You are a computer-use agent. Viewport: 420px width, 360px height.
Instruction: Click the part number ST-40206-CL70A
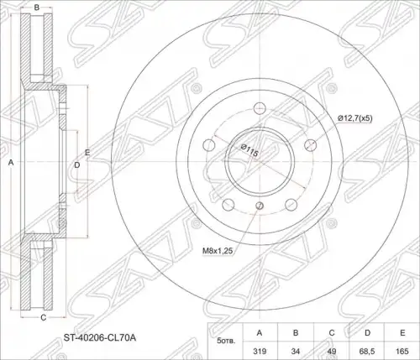click(x=100, y=338)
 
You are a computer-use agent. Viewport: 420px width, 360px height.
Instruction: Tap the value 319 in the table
click(x=260, y=351)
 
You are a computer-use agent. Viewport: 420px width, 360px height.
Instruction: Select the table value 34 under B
click(x=296, y=351)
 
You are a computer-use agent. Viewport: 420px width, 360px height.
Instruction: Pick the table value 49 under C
click(x=332, y=351)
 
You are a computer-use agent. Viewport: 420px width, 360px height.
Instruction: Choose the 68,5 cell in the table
click(x=367, y=351)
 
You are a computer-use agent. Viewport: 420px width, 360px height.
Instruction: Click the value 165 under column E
click(x=402, y=351)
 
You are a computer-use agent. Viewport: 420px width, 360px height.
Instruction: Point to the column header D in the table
click(x=367, y=332)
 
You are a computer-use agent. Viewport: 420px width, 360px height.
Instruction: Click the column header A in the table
click(x=260, y=332)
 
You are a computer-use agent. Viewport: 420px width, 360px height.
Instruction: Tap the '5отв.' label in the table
click(x=226, y=342)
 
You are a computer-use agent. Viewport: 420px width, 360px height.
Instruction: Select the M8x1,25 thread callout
click(x=218, y=251)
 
